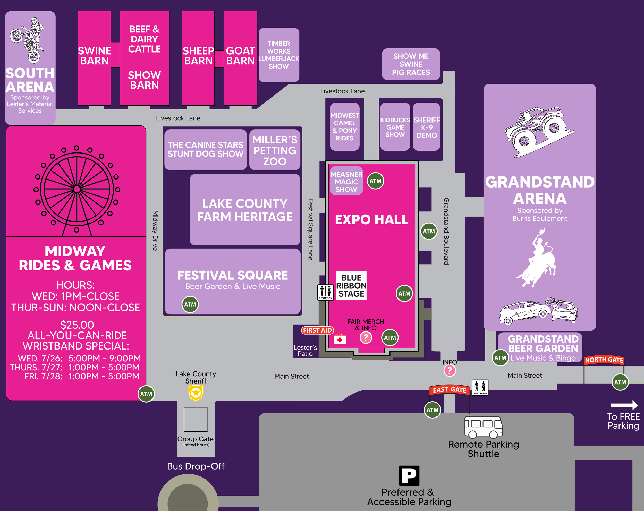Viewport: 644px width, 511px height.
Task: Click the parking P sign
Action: pyautogui.click(x=409, y=475)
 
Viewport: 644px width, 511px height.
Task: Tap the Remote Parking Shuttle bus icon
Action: pyautogui.click(x=483, y=427)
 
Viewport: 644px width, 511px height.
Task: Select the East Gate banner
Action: pyautogui.click(x=449, y=390)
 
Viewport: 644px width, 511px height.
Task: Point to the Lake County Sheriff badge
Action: pyautogui.click(x=196, y=393)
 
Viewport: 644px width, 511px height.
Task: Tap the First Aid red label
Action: pyautogui.click(x=317, y=330)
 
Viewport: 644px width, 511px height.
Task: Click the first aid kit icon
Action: pyautogui.click(x=340, y=339)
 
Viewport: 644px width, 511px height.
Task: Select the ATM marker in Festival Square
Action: pyautogui.click(x=190, y=305)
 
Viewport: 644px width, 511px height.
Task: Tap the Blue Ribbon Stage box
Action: pyautogui.click(x=351, y=286)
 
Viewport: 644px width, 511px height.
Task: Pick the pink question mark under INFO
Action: pyautogui.click(x=450, y=371)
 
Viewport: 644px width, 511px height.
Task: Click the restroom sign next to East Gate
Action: pyautogui.click(x=480, y=387)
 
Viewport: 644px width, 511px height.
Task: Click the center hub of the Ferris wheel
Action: pyautogui.click(x=77, y=189)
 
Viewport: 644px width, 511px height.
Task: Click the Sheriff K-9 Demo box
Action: pyautogui.click(x=427, y=127)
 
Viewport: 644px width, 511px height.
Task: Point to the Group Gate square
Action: pyautogui.click(x=196, y=420)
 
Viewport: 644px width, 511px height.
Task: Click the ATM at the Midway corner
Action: pyautogui.click(x=146, y=394)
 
